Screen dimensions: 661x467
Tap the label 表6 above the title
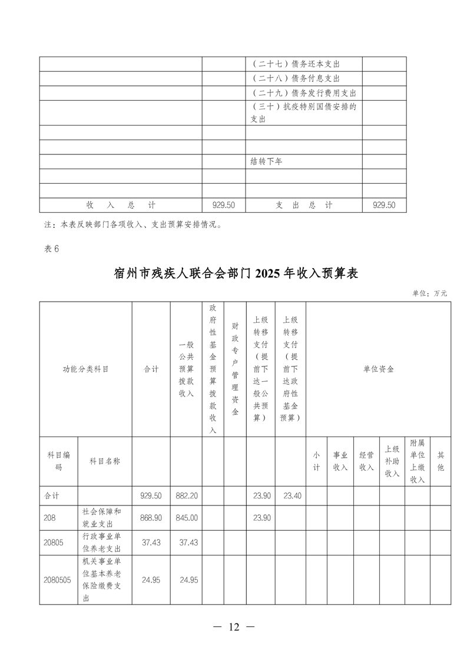[52, 249]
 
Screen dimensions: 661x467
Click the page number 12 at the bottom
[234, 627]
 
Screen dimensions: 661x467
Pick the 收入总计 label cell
[121, 205]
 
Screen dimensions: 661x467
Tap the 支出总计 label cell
[304, 205]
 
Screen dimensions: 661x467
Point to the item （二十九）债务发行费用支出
[303, 93]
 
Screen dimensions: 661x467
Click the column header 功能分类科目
[86, 369]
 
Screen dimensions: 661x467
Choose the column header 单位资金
[378, 369]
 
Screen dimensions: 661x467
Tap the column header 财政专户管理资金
[235, 369]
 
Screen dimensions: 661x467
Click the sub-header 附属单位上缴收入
[418, 461]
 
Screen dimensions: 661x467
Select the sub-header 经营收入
[366, 461]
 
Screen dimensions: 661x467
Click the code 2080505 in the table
[57, 580]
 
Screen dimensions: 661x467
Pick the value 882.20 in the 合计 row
[186, 496]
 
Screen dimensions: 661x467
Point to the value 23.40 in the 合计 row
[291, 496]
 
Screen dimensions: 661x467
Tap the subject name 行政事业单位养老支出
[104, 543]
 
